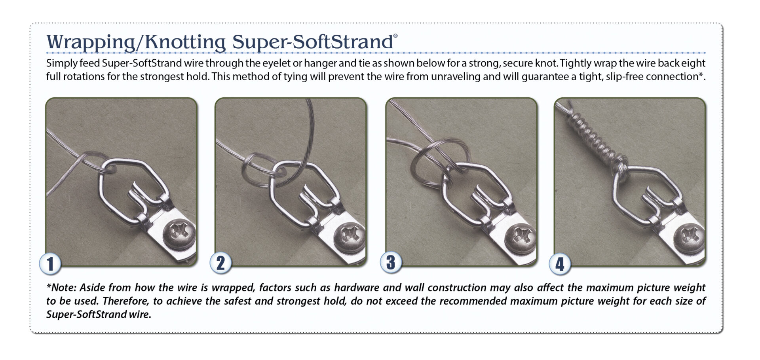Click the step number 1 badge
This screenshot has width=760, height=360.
[50, 264]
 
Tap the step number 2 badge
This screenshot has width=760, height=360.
[220, 263]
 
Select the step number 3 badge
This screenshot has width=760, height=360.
[391, 262]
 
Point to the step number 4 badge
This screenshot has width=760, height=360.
[560, 264]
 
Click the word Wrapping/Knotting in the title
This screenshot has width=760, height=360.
[136, 42]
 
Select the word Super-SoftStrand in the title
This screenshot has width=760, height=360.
[312, 42]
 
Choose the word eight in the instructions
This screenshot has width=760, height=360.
[695, 64]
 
